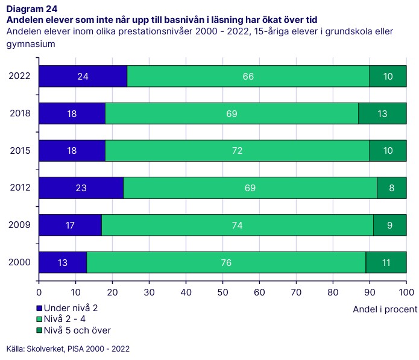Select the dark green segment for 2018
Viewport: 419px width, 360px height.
(x=382, y=113)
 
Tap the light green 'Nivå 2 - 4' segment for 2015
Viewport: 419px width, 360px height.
(x=237, y=151)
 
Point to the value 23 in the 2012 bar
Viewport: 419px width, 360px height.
(x=81, y=188)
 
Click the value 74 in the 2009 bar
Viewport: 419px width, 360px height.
(x=237, y=226)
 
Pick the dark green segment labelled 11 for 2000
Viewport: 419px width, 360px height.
(x=386, y=263)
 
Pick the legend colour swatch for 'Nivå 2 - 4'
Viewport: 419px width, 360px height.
(x=40, y=320)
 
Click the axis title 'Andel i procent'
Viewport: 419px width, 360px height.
(x=385, y=309)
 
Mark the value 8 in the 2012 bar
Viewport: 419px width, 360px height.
(x=392, y=188)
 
